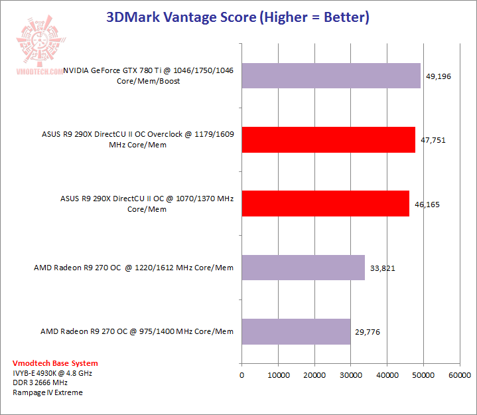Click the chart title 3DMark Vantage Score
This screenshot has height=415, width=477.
click(x=238, y=17)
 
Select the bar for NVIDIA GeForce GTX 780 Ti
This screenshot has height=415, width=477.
click(x=331, y=76)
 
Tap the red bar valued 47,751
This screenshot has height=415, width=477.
click(x=328, y=139)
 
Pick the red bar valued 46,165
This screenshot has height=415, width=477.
click(x=325, y=204)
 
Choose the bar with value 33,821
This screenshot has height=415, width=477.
click(x=303, y=268)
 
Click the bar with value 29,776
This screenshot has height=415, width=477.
click(x=296, y=331)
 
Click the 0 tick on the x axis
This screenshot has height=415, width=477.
click(x=242, y=376)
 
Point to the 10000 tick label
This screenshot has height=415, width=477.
click(x=278, y=376)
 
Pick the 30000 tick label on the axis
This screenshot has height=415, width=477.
click(x=351, y=376)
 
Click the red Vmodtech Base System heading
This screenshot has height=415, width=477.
click(x=55, y=363)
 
